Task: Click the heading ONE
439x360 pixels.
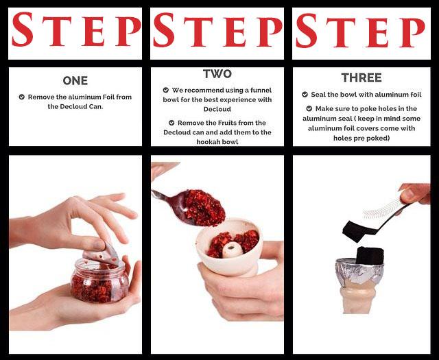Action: (75, 81)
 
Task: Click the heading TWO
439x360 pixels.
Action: (217, 73)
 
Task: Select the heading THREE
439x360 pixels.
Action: (361, 77)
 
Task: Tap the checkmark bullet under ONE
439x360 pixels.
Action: (23, 97)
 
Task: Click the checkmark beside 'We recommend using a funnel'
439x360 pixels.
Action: (166, 90)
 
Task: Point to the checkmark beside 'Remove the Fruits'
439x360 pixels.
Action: (171, 123)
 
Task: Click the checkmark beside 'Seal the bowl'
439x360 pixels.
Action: (305, 95)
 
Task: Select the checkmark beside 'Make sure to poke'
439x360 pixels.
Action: (309, 108)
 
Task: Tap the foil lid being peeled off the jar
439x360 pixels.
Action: (103, 253)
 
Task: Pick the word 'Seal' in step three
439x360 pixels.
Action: (324, 95)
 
